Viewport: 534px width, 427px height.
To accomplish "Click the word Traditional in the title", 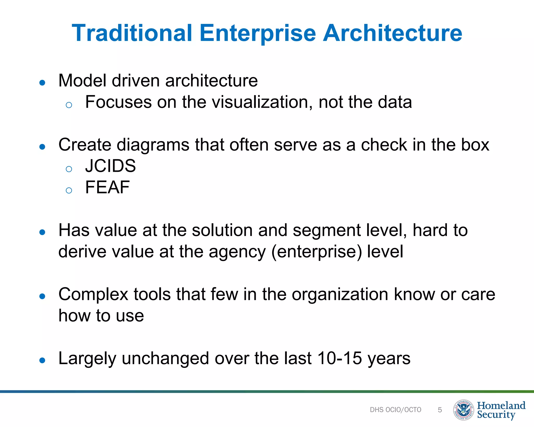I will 132,33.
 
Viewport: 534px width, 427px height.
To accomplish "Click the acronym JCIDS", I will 111,166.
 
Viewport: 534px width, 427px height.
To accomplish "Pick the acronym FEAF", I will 107,187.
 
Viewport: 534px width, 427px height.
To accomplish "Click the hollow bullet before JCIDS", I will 69,169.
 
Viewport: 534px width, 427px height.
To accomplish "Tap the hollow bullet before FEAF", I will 69,191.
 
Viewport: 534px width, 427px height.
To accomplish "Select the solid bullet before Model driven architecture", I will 42,83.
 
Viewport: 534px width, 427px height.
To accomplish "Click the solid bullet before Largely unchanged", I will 42,361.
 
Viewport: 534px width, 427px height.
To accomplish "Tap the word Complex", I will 93,295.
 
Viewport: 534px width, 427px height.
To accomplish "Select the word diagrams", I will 153,145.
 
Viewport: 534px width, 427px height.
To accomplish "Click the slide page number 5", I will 440,410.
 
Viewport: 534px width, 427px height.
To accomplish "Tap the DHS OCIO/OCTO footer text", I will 395,410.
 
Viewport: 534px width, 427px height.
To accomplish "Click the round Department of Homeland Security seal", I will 464,410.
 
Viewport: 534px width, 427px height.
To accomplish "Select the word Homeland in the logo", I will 501,406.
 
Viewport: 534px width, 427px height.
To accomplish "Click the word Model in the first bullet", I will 82,81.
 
